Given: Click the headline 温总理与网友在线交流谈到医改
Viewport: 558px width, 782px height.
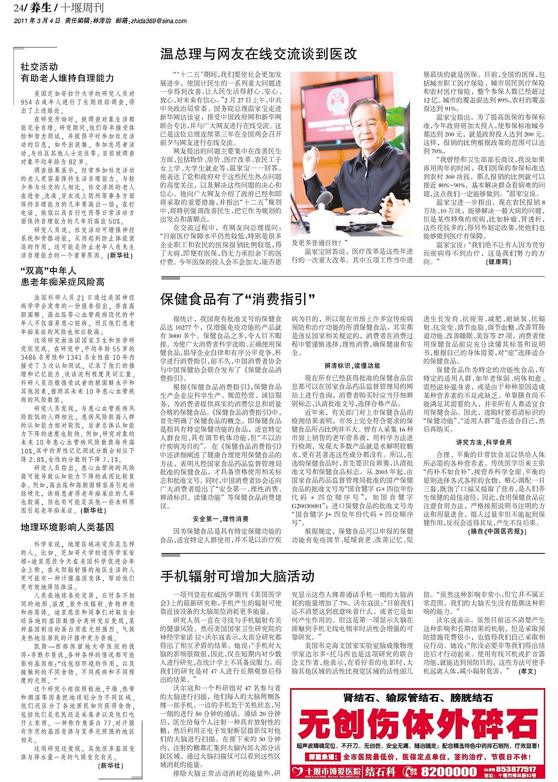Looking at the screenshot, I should click(x=259, y=54).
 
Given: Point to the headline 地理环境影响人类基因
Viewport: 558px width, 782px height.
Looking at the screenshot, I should click(x=67, y=527).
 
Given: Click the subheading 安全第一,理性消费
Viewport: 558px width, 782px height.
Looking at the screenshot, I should click(x=220, y=519).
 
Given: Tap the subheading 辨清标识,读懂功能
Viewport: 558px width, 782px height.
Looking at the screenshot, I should click(x=352, y=365).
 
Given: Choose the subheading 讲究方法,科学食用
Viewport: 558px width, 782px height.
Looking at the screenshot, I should click(x=484, y=442).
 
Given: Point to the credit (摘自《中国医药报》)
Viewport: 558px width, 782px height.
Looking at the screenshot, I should click(x=497, y=532).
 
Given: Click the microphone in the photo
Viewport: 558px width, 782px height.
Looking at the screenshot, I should click(x=321, y=200).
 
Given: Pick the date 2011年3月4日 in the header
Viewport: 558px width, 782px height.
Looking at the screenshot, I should click(x=38, y=21).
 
